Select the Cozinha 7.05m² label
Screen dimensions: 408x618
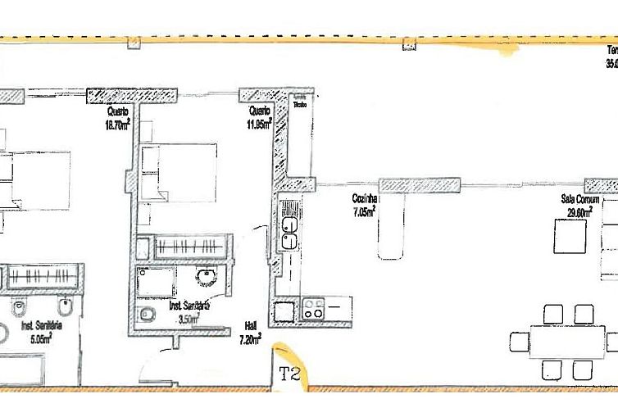coord(364,204)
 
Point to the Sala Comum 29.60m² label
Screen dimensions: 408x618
coord(579,205)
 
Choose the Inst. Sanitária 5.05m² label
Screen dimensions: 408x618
coord(37,330)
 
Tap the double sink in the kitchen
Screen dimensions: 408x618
coord(289,233)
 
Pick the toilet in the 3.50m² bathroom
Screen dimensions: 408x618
coord(148,315)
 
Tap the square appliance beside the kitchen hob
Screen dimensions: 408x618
coord(284,311)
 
